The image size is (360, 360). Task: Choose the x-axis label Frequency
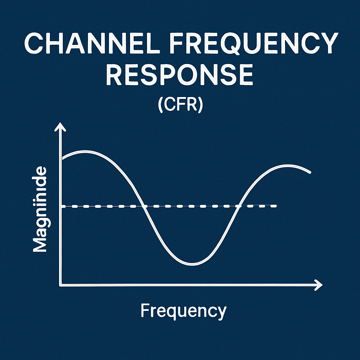[x=183, y=311]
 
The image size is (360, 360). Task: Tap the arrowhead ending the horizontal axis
[x=318, y=284]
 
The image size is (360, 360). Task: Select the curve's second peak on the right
[x=288, y=166]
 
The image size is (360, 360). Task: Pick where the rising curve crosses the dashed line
[x=239, y=206]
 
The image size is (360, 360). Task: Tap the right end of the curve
[x=310, y=172]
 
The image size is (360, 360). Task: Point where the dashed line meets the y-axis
[x=62, y=207]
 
